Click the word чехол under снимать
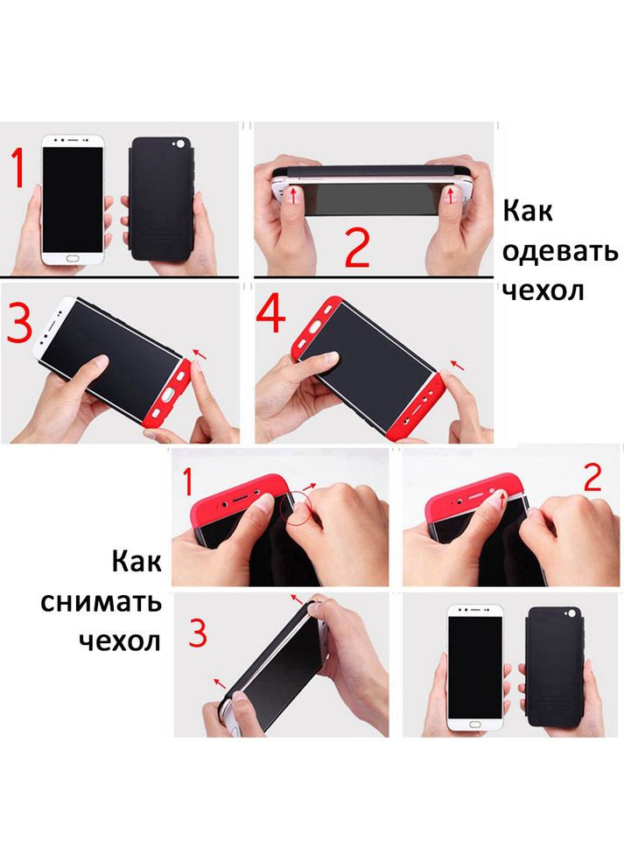[120, 640]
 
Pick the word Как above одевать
[528, 212]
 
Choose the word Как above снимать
[137, 562]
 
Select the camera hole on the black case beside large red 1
[181, 142]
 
